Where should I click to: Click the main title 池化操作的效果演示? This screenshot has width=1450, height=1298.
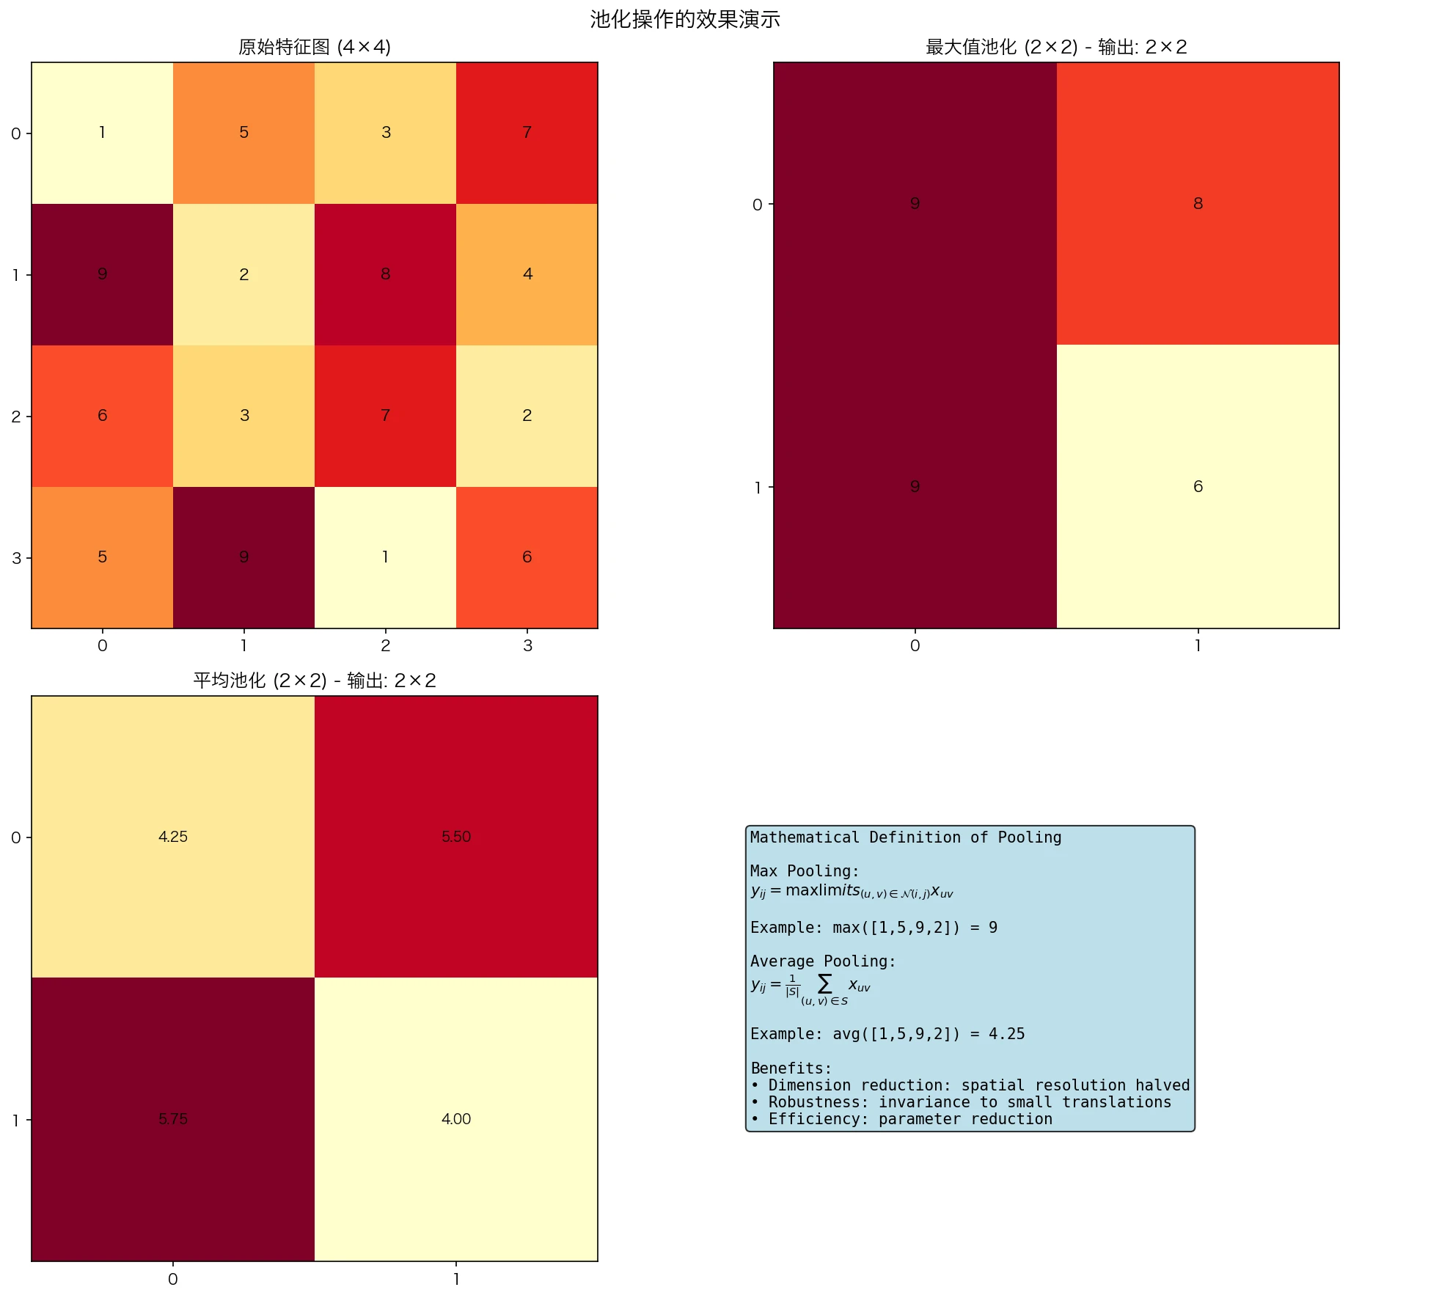pos(684,19)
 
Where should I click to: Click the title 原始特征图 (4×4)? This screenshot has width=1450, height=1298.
pos(314,47)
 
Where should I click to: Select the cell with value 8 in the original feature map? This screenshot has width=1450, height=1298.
pos(385,274)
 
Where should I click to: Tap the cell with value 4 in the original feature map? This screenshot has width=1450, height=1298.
pos(527,274)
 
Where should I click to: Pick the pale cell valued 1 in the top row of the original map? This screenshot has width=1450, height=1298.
pos(102,133)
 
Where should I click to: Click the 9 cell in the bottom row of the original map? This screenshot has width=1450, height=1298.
pos(244,557)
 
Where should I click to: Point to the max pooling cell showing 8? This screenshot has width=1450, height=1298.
pos(1197,204)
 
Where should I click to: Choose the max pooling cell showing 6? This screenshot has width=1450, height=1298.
pos(1197,487)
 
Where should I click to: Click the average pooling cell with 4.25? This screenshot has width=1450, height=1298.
pos(173,837)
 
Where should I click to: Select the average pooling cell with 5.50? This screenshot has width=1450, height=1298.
pos(455,837)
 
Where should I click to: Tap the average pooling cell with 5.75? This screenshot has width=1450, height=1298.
pos(173,1119)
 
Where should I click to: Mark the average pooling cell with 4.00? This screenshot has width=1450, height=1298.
pos(455,1119)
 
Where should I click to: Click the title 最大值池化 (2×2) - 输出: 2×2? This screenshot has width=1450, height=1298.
pos(1055,47)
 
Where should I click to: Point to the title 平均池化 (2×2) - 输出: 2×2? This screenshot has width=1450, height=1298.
pos(314,681)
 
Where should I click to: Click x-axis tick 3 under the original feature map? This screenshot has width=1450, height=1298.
pos(527,646)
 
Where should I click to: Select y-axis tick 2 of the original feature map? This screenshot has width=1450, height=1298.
pos(16,417)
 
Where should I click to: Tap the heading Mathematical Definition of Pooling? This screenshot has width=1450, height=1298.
pos(905,837)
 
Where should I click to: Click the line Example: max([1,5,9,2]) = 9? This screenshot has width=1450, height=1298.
pos(873,928)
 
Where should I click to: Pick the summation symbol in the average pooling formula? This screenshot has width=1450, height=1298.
pos(825,983)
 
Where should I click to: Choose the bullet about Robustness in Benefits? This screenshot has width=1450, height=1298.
pos(961,1102)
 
